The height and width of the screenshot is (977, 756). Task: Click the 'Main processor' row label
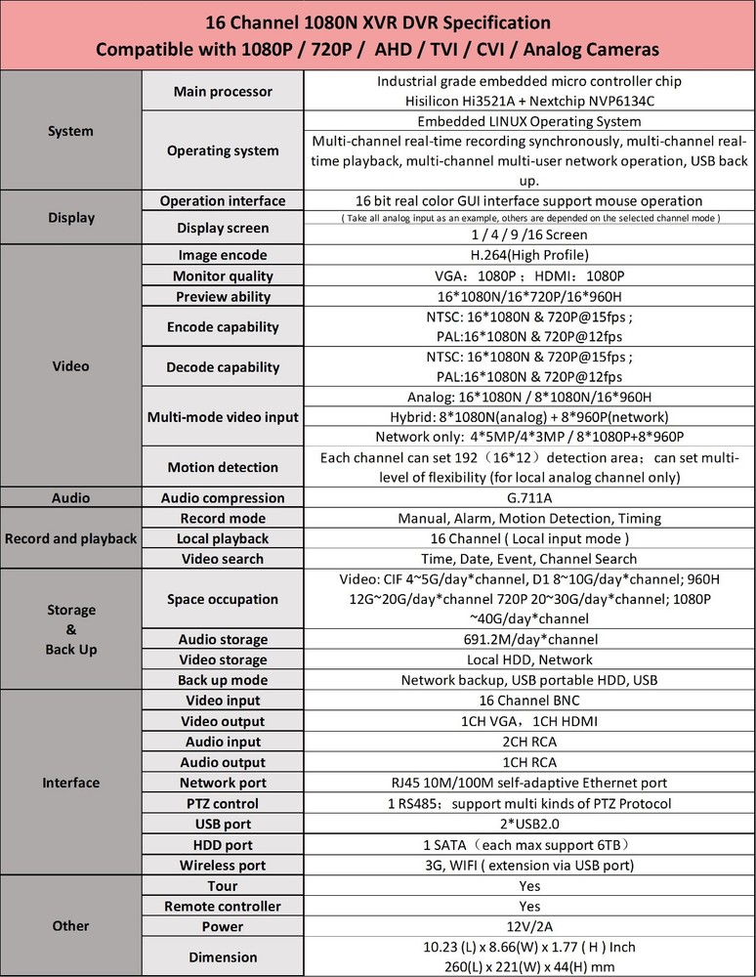pos(223,92)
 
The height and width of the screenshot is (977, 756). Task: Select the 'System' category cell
pos(70,131)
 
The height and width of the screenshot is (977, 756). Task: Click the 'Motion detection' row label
pos(223,467)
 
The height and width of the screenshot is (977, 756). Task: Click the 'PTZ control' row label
pos(223,803)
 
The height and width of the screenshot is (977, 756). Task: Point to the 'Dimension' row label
pos(223,956)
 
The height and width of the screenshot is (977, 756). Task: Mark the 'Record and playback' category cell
pos(70,538)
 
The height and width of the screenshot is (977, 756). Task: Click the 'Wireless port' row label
pos(223,865)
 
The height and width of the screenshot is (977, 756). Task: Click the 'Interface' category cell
pos(70,783)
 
